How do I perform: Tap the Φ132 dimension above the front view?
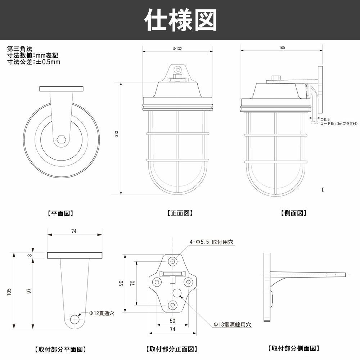click(177, 49)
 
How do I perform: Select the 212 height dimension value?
click(116, 134)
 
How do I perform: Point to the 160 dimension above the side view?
click(282, 48)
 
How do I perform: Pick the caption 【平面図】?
click(60, 213)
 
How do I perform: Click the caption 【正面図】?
click(180, 213)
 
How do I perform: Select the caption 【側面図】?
click(293, 213)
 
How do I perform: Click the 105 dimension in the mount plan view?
click(8, 291)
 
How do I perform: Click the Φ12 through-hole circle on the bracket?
click(75, 319)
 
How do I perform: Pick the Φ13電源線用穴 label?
click(232, 324)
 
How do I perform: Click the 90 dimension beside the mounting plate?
click(122, 283)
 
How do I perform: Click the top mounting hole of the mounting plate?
click(173, 261)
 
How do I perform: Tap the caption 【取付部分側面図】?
click(293, 348)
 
